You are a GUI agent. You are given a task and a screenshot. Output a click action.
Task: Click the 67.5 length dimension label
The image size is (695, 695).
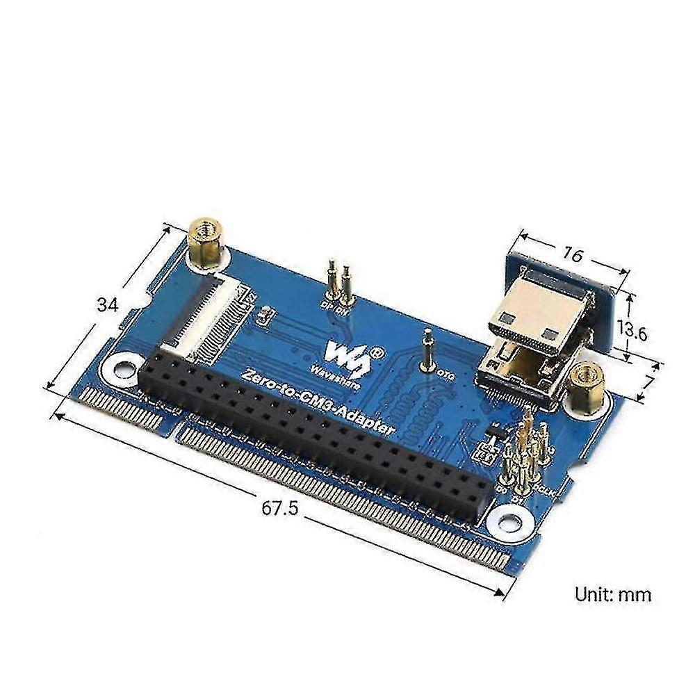point(279,508)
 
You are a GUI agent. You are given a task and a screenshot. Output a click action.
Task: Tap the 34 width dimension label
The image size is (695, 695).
point(107,305)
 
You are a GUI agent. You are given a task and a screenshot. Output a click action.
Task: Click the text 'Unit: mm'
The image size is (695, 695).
point(612,594)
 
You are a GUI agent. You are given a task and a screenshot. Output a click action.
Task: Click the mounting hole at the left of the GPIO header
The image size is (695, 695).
point(124,369)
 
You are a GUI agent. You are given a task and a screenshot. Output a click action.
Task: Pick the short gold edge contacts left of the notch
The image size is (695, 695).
point(125,410)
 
